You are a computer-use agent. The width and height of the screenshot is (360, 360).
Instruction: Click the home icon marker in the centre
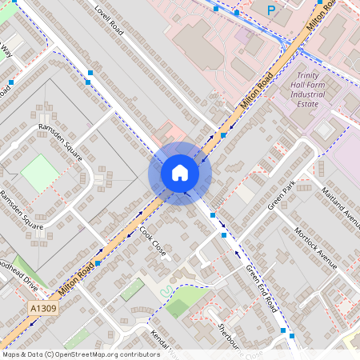(x=179, y=173)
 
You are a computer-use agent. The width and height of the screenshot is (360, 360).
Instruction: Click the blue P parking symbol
(x=271, y=10)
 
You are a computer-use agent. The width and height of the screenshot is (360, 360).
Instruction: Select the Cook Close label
(x=153, y=241)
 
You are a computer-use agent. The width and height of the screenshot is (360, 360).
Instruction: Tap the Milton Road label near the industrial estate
(x=257, y=90)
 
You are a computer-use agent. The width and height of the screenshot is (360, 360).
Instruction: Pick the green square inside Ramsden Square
(x=39, y=173)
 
